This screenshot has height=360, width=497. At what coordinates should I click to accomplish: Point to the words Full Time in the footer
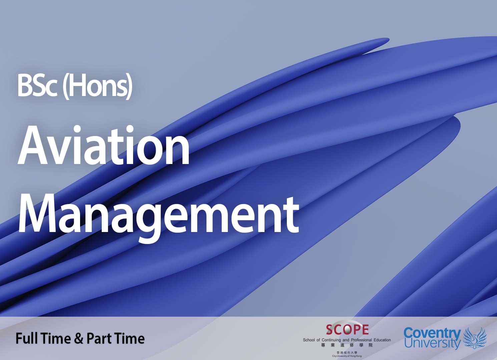(x=43, y=339)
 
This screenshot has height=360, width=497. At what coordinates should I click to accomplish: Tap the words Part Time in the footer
(x=115, y=339)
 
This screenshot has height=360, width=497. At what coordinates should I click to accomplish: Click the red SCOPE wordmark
(x=347, y=330)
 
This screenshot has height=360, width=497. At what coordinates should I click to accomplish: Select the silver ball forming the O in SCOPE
(x=347, y=330)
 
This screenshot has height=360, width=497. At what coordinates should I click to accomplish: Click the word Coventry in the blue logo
(x=432, y=333)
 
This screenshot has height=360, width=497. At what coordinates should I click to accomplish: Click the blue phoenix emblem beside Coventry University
(x=475, y=338)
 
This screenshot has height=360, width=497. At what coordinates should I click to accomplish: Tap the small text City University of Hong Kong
(x=347, y=356)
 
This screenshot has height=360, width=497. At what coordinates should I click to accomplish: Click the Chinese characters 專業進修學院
(x=347, y=345)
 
